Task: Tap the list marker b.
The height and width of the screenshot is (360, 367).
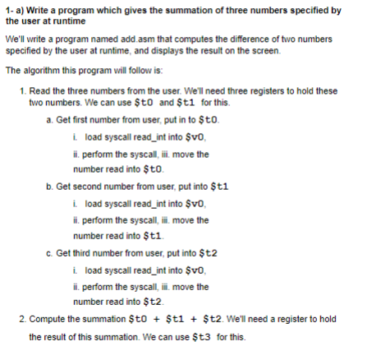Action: tap(51, 187)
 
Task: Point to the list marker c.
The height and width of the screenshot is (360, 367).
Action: tap(51, 254)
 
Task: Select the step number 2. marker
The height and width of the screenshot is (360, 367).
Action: tap(21, 319)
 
